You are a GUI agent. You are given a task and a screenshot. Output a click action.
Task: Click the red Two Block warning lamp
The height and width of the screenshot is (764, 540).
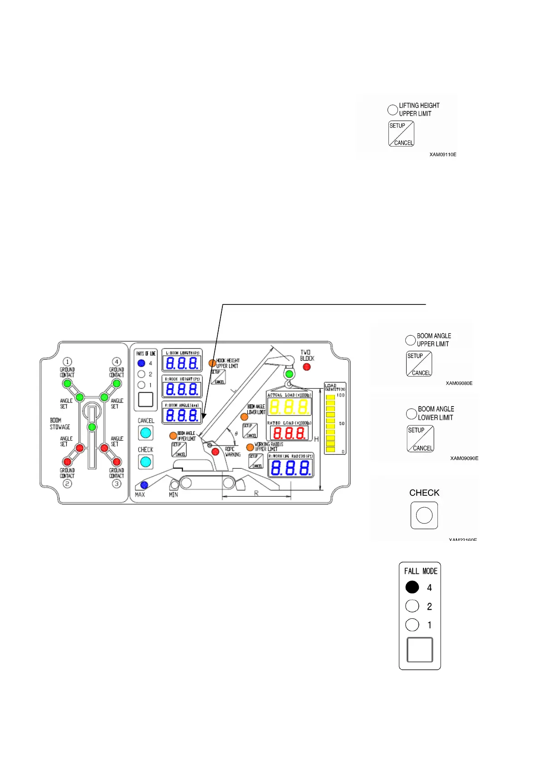307,367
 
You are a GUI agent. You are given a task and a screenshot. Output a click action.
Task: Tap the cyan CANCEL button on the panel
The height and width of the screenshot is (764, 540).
145,432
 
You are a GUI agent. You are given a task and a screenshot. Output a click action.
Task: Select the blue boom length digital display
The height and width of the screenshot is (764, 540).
182,363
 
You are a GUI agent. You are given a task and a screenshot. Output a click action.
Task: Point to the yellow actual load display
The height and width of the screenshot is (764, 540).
289,406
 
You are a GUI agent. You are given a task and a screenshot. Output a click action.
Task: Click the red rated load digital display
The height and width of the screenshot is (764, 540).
289,432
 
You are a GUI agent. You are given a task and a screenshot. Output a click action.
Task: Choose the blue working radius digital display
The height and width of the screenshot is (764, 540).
290,468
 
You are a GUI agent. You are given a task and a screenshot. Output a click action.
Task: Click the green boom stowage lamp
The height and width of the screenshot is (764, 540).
92,427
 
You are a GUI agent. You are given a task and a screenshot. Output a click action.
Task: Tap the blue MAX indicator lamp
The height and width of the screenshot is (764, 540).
144,485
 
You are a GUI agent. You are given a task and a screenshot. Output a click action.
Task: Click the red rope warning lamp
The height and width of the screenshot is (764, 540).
216,451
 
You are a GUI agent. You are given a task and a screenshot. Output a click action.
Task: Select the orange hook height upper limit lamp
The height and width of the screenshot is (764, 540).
212,363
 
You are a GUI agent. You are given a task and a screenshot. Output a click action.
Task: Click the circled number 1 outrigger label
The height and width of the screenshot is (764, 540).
67,362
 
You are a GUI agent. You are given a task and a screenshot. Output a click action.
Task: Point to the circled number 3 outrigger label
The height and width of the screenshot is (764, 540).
117,484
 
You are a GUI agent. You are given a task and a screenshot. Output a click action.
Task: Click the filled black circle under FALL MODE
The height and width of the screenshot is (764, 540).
412,587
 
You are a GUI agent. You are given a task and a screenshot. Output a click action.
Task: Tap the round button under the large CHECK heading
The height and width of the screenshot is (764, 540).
424,515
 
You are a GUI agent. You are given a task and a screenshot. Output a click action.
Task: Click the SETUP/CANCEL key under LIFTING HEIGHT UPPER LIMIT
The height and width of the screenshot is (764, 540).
401,134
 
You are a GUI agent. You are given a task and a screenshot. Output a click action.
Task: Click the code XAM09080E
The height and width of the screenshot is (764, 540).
459,383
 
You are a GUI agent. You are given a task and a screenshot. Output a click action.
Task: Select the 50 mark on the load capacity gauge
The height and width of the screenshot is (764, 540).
342,423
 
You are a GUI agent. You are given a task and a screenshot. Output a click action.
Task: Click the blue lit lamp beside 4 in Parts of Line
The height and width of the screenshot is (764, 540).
142,363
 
